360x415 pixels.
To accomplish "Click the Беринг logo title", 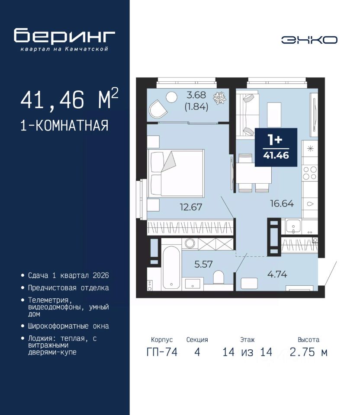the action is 64,36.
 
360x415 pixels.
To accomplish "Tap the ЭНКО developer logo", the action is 309,40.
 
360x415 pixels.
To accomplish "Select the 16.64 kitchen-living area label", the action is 282,204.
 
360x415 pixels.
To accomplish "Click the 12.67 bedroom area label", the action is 191,207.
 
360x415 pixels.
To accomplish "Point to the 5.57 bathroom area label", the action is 203,264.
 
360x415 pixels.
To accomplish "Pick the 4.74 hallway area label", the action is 277,274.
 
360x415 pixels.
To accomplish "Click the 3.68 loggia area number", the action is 196,95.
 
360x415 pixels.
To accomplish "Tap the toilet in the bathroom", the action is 219,277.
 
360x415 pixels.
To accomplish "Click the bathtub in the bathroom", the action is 171,267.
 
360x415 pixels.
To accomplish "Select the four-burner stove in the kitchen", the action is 310,173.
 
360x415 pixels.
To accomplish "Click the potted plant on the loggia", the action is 220,98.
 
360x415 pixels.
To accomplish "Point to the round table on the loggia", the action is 171,97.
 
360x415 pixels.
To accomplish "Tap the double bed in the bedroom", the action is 176,173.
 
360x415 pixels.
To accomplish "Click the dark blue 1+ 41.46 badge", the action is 276,147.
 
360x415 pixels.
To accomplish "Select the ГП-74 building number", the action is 162,352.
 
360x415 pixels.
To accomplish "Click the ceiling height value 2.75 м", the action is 309,352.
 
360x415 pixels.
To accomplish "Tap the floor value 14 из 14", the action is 247,352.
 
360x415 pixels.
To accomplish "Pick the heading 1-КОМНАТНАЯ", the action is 64,125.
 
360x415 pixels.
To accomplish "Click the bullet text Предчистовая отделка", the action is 68,288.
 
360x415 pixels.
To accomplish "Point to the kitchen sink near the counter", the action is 293,227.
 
